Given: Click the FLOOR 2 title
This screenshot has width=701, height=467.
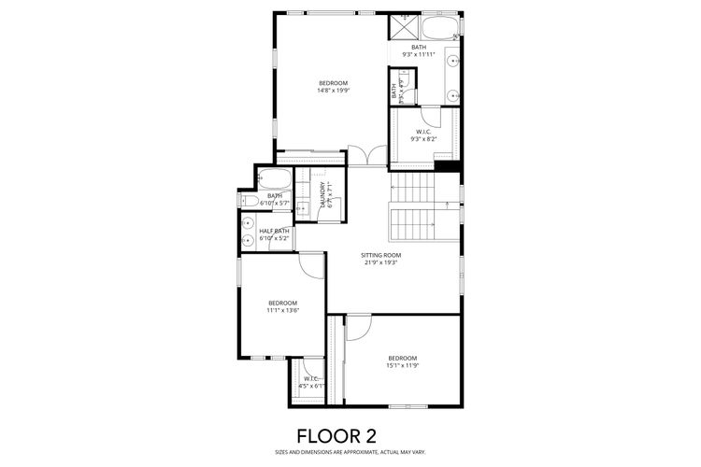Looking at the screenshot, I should (350, 435).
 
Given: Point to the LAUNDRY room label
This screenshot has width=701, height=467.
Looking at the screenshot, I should (322, 195).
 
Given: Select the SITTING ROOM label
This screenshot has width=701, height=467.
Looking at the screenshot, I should (381, 255).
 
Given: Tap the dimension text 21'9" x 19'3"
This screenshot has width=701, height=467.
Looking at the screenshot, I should (381, 262).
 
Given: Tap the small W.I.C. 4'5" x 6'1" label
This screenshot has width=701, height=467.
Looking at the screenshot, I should (311, 382).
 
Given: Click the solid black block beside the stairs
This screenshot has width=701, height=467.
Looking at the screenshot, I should (448, 166).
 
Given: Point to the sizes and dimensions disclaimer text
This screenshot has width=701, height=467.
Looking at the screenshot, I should (350, 453).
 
